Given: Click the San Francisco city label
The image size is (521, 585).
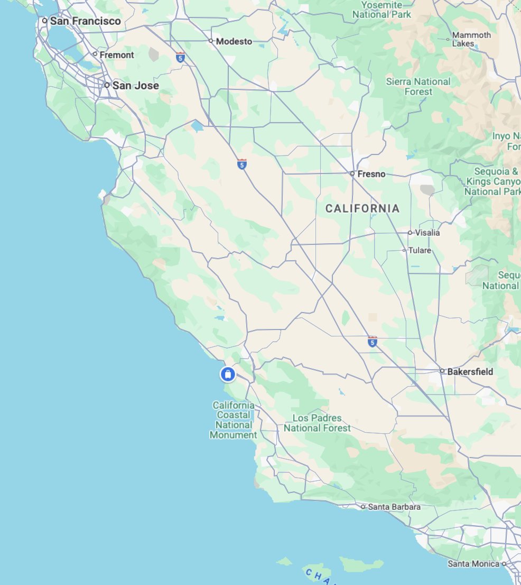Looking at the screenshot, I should point(85,21).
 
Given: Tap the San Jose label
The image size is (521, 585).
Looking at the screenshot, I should point(135,85).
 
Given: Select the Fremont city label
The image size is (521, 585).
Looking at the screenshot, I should point(117,54).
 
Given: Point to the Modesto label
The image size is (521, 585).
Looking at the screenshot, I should point(234,41).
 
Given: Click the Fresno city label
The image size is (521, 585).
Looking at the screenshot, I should point(371,174).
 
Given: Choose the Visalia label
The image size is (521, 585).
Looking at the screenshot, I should point(427,233).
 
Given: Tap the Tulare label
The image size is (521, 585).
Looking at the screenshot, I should point(420,250).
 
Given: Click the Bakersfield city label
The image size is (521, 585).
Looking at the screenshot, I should point(470,372).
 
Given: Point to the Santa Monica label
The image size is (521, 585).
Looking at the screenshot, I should point(473,564).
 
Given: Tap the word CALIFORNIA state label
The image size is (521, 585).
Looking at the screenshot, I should point(362,209).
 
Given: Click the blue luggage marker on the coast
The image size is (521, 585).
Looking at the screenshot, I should point(228,374).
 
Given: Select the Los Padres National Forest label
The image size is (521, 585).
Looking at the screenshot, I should point(317,423).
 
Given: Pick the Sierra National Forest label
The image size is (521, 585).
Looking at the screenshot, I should point(418,86).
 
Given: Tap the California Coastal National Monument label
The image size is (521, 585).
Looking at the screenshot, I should point(234,420).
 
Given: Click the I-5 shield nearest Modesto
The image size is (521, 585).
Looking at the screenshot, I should point(181,58).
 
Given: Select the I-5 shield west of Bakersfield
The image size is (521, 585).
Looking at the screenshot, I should point(373,342).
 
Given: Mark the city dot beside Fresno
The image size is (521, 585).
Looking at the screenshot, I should point(352,173).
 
